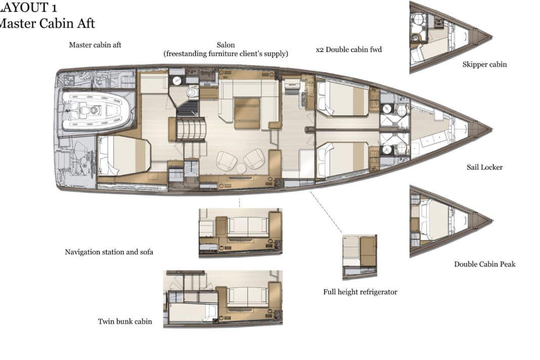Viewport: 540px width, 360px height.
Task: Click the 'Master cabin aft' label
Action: coord(95,45)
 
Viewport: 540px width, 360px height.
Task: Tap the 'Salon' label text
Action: coord(226,45)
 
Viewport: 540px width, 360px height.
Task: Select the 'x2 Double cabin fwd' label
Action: coord(348,50)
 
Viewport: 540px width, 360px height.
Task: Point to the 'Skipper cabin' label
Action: coord(484,64)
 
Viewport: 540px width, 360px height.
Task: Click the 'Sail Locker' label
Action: coord(484,167)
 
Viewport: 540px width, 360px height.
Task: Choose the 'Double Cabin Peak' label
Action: coord(484,264)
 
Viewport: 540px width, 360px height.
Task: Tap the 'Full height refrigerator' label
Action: coord(360,292)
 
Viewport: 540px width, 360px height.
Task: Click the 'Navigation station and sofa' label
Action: coord(109,252)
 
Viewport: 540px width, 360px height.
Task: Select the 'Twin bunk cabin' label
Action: coord(125,321)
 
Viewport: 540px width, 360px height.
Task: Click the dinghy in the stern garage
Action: coord(96,110)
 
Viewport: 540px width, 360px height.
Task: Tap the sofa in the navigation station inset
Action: coord(247,228)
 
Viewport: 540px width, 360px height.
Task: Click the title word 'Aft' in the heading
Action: coord(84,23)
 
